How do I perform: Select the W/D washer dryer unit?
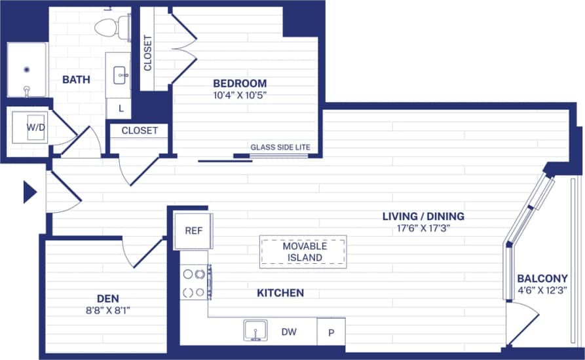pos(33,127)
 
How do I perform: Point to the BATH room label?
pos(76,80)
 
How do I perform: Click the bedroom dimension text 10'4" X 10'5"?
pos(240,95)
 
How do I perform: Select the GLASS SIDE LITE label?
pos(280,147)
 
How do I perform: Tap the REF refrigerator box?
pos(193,230)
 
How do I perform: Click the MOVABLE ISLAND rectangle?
pos(303,252)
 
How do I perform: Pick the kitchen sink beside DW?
pos(255,331)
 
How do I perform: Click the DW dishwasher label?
pos(289,332)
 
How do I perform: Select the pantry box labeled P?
pos(331,333)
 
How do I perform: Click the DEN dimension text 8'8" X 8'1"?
pos(107,310)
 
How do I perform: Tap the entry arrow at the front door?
pos(29,192)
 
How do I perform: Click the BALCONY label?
pos(542,278)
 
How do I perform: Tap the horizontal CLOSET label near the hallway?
pos(140,130)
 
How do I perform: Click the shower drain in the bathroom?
pos(27,68)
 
